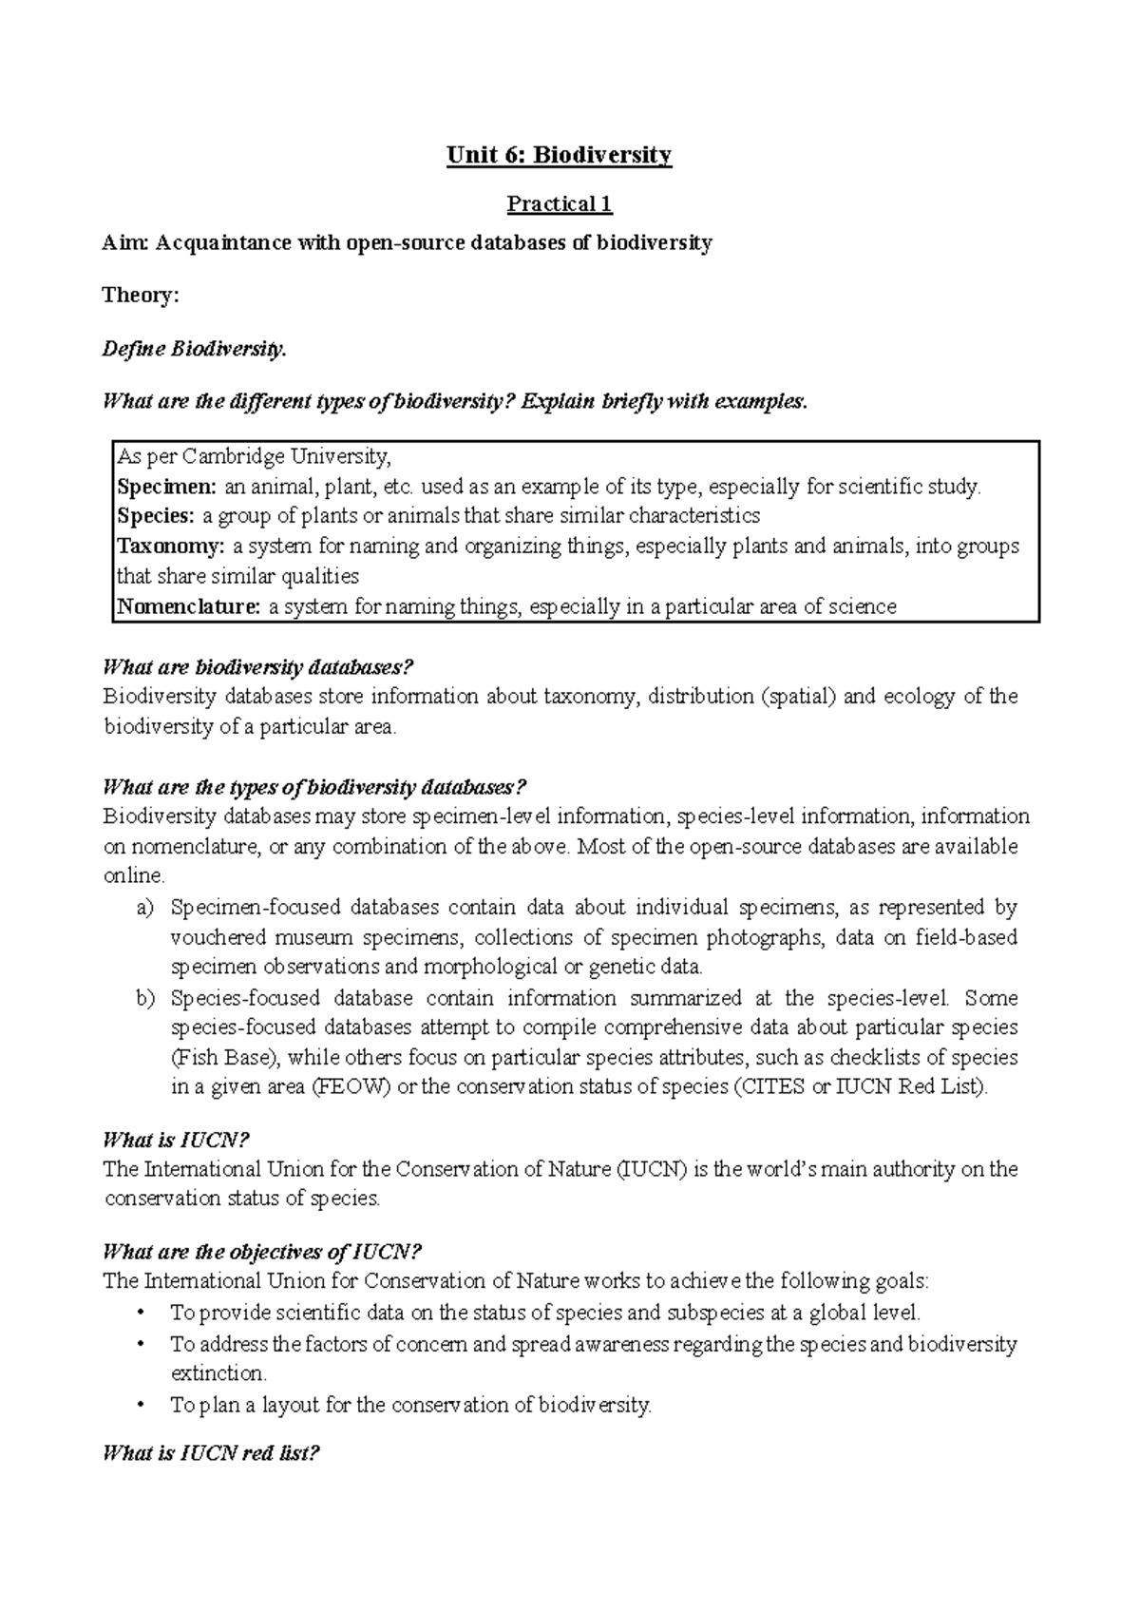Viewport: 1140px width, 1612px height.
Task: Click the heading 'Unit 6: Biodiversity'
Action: pyautogui.click(x=560, y=155)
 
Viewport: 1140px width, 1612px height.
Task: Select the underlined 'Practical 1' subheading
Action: pyautogui.click(x=560, y=203)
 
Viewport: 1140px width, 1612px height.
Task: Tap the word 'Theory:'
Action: pyautogui.click(x=141, y=296)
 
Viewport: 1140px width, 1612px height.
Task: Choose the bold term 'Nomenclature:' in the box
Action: pyautogui.click(x=187, y=606)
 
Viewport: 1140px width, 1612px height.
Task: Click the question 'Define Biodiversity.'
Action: pyautogui.click(x=194, y=350)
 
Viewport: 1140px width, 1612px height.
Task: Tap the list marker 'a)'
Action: pyautogui.click(x=144, y=908)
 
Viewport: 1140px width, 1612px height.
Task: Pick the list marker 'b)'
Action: pyautogui.click(x=144, y=998)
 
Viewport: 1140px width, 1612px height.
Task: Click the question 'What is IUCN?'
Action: pyautogui.click(x=176, y=1141)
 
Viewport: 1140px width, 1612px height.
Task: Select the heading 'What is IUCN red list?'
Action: pyautogui.click(x=211, y=1453)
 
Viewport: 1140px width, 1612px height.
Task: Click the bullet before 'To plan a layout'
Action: pyautogui.click(x=142, y=1405)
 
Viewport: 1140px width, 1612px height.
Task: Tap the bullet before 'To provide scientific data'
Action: pyautogui.click(x=142, y=1314)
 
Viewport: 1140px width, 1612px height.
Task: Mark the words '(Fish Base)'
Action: pyautogui.click(x=225, y=1058)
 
